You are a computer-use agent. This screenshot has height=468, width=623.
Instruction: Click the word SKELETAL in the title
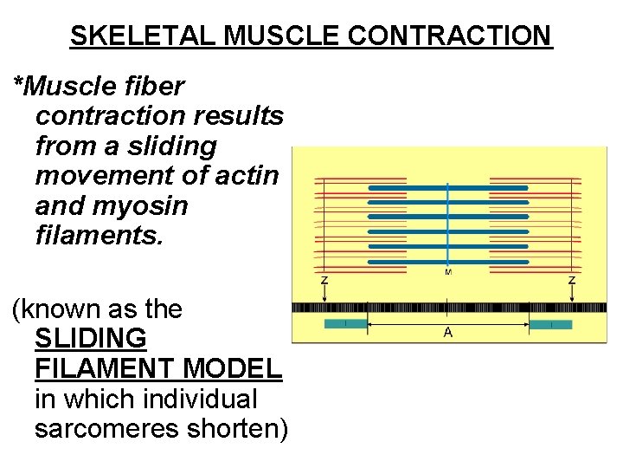coord(142,36)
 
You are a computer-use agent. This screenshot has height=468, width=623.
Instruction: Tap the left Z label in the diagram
coord(324,281)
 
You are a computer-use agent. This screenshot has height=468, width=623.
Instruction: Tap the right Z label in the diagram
coord(572,281)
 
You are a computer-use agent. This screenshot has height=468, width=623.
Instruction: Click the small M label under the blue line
coord(447,273)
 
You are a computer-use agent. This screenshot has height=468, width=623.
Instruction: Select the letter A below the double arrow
coord(447,333)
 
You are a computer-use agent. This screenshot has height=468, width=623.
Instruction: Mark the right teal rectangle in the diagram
coord(550,324)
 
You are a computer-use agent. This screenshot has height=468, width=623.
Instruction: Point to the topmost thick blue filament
coord(447,187)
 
